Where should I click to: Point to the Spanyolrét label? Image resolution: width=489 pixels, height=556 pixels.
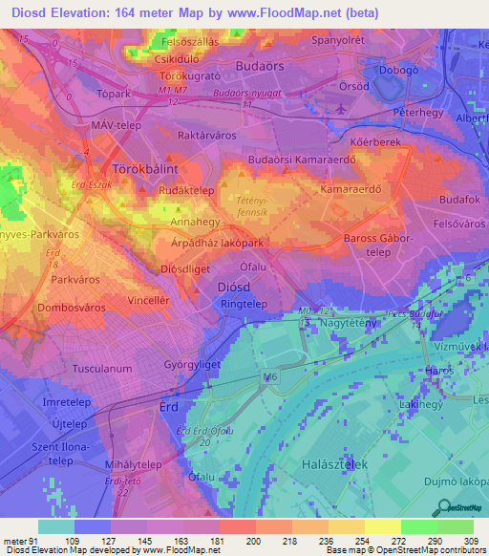[337, 44]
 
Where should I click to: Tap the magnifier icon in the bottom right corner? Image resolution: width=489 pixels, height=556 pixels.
[443, 507]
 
